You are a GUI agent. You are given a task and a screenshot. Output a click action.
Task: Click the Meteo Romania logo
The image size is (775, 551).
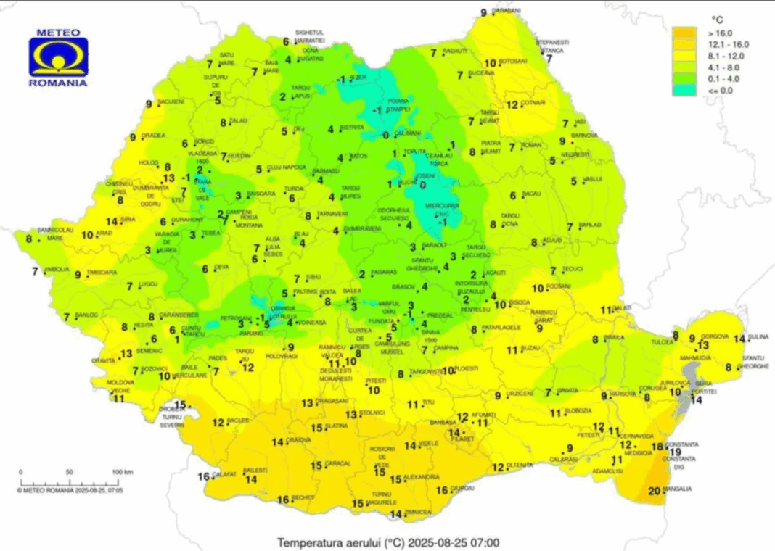[58, 58]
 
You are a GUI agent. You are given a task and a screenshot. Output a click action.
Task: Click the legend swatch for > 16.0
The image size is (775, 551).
[684, 33]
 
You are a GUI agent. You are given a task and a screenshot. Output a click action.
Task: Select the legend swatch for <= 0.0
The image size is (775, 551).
[684, 90]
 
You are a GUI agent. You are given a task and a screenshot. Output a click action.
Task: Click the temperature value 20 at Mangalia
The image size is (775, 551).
[655, 491]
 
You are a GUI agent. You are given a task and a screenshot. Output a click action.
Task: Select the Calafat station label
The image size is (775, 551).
[224, 474]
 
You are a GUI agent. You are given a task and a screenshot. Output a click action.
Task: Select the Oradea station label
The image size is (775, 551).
[153, 135]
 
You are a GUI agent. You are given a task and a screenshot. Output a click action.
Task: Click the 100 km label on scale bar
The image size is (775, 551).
[121, 472]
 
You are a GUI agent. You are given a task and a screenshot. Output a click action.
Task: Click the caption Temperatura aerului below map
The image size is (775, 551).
[340, 542]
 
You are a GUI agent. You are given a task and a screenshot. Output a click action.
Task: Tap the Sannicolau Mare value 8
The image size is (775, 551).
[30, 239]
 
